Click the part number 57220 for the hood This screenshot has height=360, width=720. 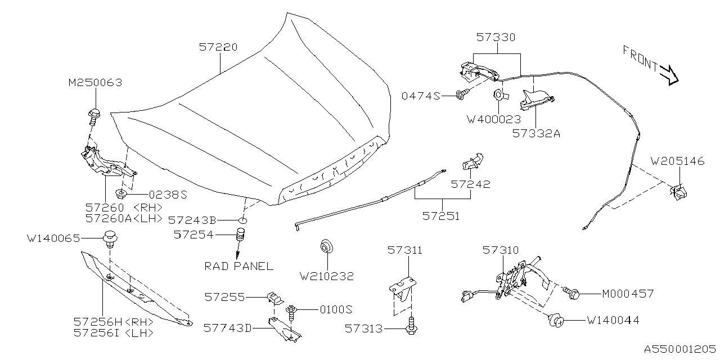click(x=218, y=48)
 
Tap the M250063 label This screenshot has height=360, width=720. click(x=95, y=83)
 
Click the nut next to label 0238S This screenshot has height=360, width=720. click(x=120, y=195)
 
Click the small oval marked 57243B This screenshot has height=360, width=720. click(x=242, y=220)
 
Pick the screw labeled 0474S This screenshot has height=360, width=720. click(x=463, y=96)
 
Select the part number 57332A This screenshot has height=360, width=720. click(x=536, y=134)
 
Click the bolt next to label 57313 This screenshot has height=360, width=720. click(x=412, y=327)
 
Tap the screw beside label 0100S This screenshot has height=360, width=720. click(x=292, y=310)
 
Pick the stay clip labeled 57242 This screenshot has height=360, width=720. click(x=471, y=162)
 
